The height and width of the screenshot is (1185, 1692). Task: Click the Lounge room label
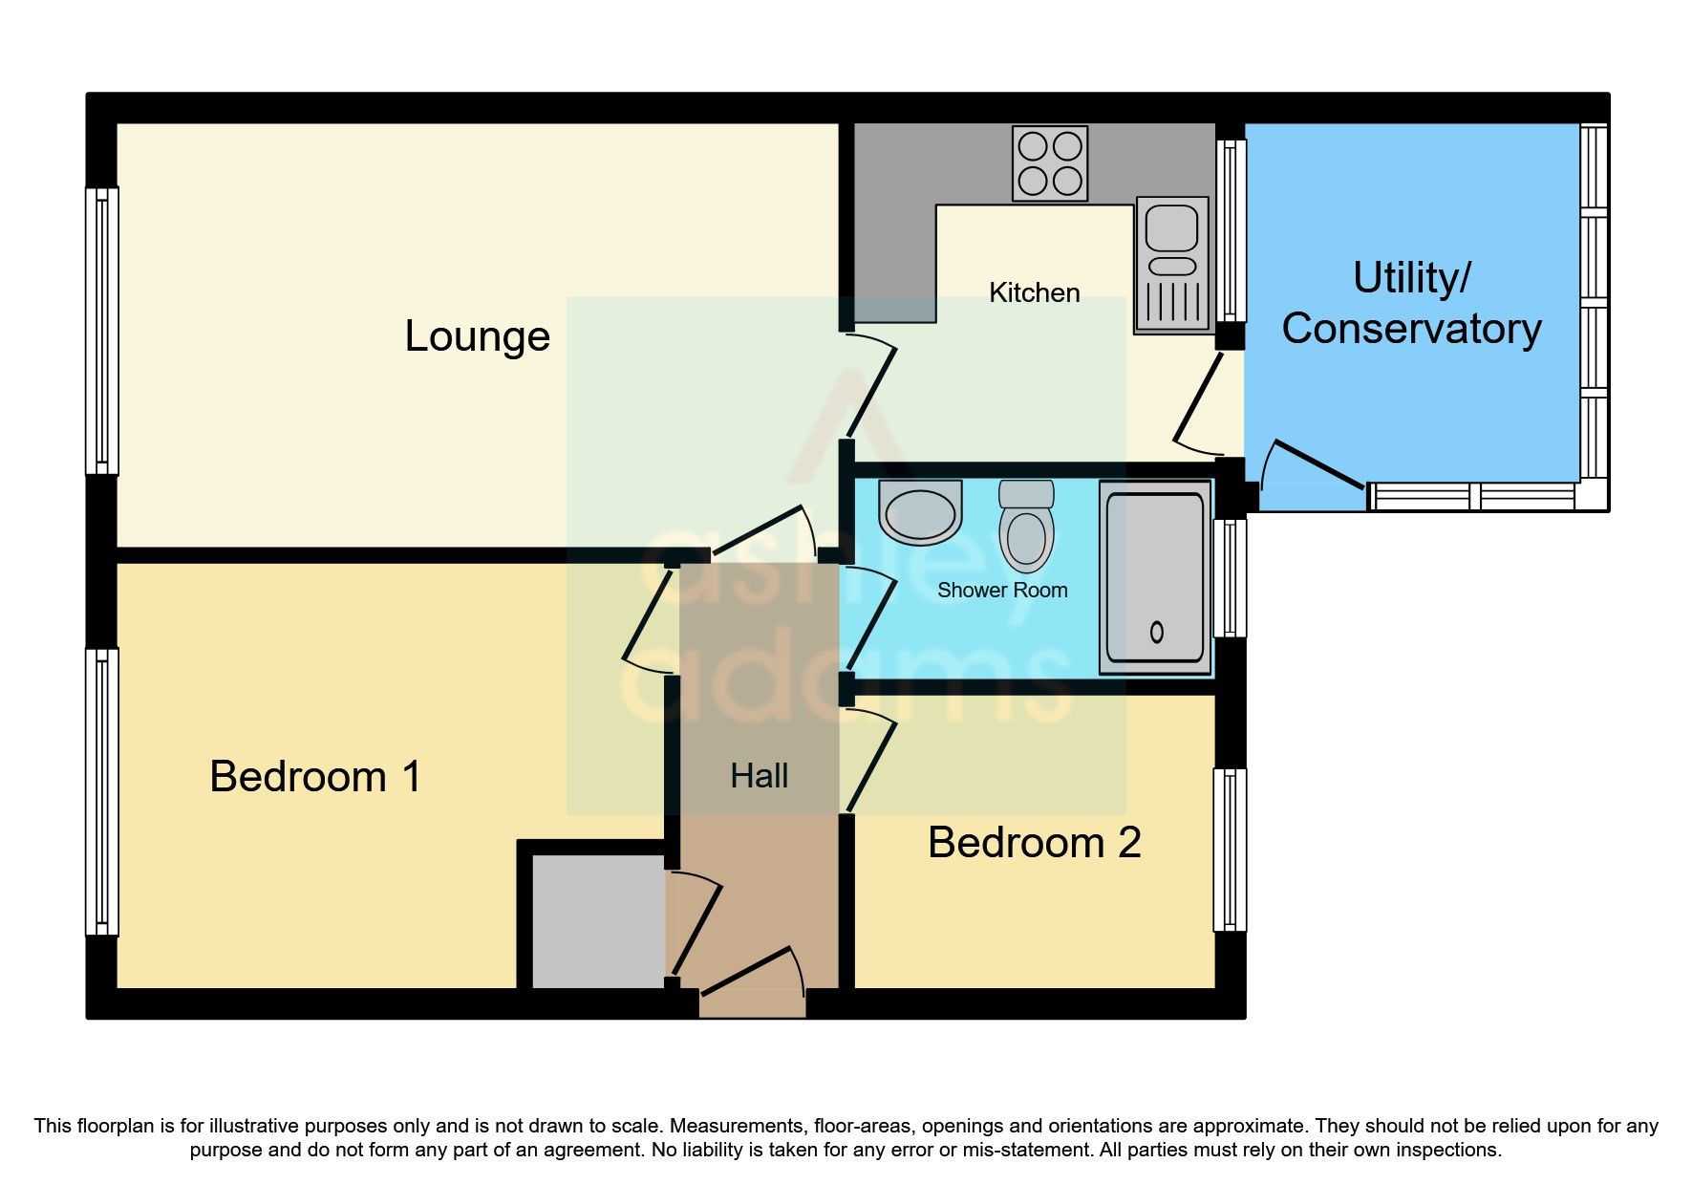pyautogui.click(x=477, y=336)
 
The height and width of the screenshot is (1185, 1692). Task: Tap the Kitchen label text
pyautogui.click(x=1034, y=292)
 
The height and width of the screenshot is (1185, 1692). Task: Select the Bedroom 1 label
pyautogui.click(x=314, y=776)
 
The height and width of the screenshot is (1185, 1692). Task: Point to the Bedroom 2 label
pyautogui.click(x=1034, y=843)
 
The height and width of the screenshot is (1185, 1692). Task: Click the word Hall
pyautogui.click(x=759, y=776)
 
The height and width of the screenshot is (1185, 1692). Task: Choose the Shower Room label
pyautogui.click(x=1001, y=591)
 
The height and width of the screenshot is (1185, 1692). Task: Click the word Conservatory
pyautogui.click(x=1411, y=329)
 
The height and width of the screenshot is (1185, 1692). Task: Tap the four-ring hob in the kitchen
pyautogui.click(x=1050, y=163)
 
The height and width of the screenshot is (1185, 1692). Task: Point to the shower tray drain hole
pyautogui.click(x=1156, y=632)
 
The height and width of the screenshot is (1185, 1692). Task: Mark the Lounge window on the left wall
pyautogui.click(x=102, y=331)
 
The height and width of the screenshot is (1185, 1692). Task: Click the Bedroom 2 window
pyautogui.click(x=1230, y=850)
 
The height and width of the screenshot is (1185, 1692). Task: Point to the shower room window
pyautogui.click(x=1230, y=577)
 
